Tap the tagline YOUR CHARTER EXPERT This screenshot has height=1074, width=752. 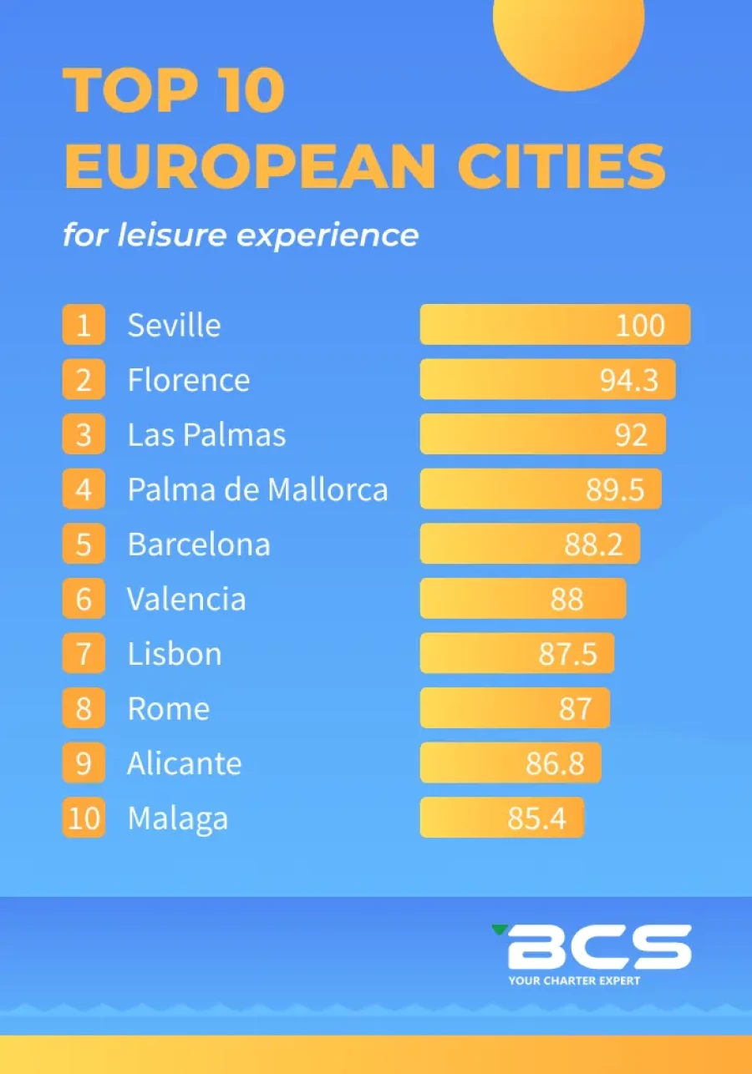(x=574, y=980)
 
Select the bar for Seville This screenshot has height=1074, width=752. (x=555, y=324)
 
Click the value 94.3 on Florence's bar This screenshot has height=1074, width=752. (x=629, y=379)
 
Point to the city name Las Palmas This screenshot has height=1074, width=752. (x=206, y=434)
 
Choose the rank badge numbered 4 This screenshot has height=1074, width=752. (x=84, y=489)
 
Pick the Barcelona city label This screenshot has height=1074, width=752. (x=199, y=545)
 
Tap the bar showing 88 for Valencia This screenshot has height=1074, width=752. (x=523, y=599)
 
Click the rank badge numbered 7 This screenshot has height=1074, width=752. (x=84, y=654)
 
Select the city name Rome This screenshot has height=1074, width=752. (x=168, y=709)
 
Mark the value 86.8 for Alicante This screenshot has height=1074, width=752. (x=554, y=763)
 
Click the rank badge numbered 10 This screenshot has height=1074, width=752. (x=84, y=818)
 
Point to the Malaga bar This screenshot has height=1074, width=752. (x=501, y=818)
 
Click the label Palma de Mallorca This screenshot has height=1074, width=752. (x=257, y=489)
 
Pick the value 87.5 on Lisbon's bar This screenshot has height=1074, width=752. (x=567, y=654)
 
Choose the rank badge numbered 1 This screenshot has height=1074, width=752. (x=84, y=325)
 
